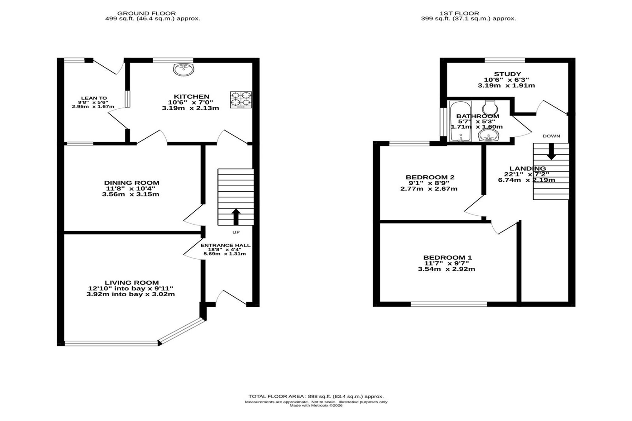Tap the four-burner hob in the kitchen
241,100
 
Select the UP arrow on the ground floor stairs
236,217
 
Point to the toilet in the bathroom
490,107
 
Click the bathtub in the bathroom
460,121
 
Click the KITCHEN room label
191,97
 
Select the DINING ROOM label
132,183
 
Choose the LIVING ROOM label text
132,283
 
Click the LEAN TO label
94,98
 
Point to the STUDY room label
507,74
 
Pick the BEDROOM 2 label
430,177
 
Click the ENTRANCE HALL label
225,245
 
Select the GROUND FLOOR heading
146,13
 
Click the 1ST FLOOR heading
459,13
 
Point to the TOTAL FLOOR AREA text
316,396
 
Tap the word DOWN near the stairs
551,136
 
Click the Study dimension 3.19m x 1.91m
506,85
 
